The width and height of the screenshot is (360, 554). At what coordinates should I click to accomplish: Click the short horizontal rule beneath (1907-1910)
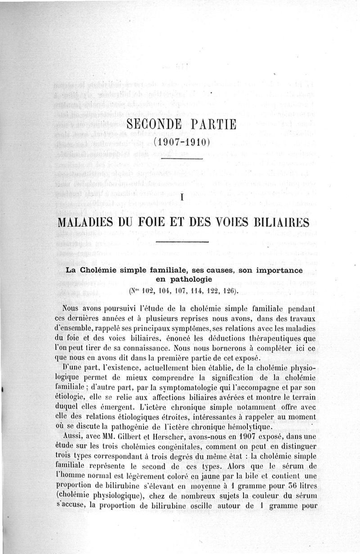182,158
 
